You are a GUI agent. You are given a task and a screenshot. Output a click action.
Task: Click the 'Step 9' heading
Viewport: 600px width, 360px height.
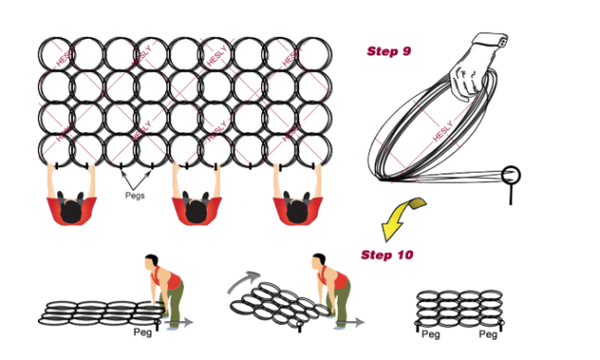tap(389, 52)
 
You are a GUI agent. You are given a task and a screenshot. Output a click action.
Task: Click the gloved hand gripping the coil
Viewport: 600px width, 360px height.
tap(474, 75)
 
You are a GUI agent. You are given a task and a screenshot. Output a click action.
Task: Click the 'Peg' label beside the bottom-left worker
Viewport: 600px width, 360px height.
tap(143, 330)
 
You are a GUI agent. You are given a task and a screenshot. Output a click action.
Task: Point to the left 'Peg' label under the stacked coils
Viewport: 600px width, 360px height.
tap(431, 334)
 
